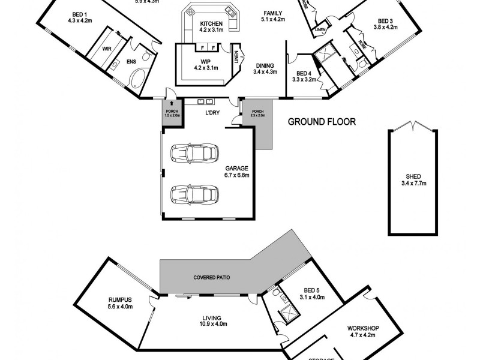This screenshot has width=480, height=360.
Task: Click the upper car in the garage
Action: coord(194,153)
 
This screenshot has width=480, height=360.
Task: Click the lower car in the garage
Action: coord(194,194)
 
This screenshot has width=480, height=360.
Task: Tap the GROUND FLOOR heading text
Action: coord(322,122)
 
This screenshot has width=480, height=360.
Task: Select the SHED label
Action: coord(413,176)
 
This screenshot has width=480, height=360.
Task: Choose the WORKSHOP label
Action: coord(364,328)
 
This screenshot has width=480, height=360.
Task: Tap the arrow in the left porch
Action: coord(170,105)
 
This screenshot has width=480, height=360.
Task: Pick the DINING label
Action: coord(265,66)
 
